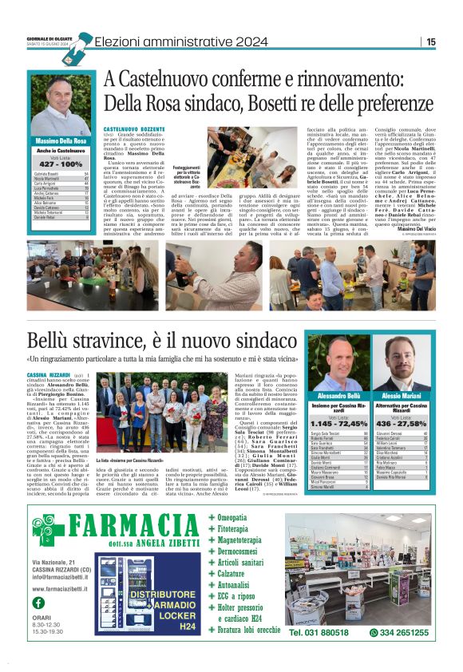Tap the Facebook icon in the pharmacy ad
tap(38, 603)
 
